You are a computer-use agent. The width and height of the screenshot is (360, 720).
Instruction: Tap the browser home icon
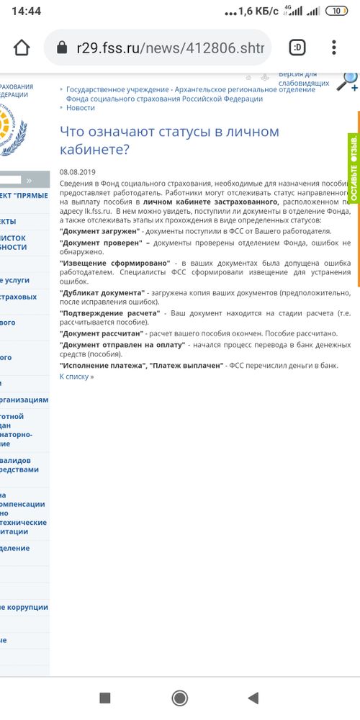click(x=22, y=48)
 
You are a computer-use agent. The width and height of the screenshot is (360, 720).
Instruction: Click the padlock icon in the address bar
click(x=60, y=48)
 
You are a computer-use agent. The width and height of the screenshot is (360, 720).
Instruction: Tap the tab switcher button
click(x=297, y=48)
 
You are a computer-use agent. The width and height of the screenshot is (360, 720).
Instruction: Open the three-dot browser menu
click(x=334, y=48)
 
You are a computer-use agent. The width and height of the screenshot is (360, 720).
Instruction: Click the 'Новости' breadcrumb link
click(x=80, y=108)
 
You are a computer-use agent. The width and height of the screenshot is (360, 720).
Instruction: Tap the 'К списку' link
click(x=76, y=377)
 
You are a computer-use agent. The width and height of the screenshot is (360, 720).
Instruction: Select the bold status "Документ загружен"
click(x=99, y=231)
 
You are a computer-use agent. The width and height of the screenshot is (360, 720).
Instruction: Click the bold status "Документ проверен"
click(x=98, y=244)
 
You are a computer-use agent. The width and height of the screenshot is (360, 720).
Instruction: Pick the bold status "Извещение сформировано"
click(x=115, y=264)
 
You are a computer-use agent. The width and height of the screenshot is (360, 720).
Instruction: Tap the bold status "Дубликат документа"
click(x=102, y=294)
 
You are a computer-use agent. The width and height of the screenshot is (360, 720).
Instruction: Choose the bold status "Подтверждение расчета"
click(x=109, y=314)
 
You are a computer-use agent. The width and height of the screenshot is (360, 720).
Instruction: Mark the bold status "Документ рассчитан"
click(x=102, y=334)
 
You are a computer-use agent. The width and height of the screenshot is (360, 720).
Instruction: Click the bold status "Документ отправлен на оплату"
click(x=122, y=346)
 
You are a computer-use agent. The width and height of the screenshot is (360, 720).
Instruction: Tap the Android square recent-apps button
click(x=104, y=698)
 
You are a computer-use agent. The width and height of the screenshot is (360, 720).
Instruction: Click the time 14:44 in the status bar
click(x=26, y=12)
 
